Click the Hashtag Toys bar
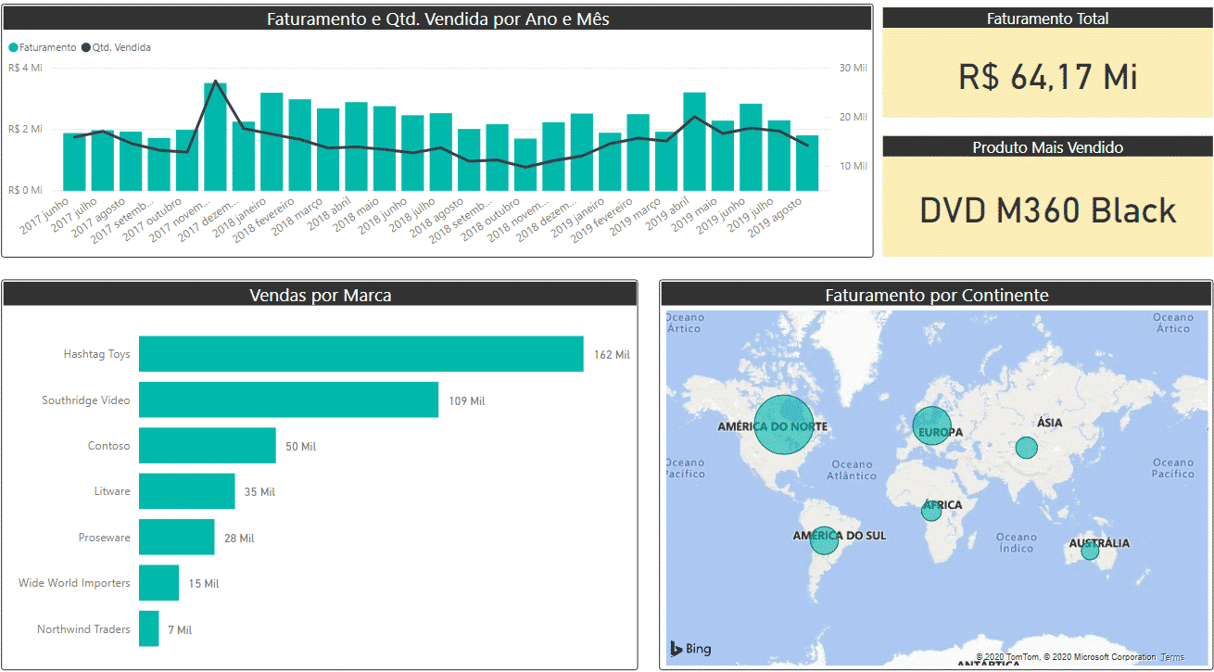click(x=360, y=354)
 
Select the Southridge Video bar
click(x=288, y=400)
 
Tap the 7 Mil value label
click(x=180, y=630)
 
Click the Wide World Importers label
click(x=74, y=583)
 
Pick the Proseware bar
click(x=176, y=538)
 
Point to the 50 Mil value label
click(x=300, y=447)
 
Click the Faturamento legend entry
click(x=43, y=47)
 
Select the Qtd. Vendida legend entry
click(x=116, y=47)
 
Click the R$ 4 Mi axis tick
click(x=25, y=68)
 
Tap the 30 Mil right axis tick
click(x=854, y=68)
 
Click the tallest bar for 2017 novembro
click(x=215, y=136)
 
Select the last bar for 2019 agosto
click(x=807, y=162)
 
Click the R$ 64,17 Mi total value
click(x=1047, y=77)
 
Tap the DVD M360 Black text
click(x=1047, y=210)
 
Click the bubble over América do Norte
click(x=783, y=425)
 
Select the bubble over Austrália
click(x=1090, y=551)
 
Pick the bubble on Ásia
click(x=1026, y=448)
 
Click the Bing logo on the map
click(x=691, y=649)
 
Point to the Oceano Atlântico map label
click(x=853, y=470)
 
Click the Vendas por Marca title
click(x=320, y=296)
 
